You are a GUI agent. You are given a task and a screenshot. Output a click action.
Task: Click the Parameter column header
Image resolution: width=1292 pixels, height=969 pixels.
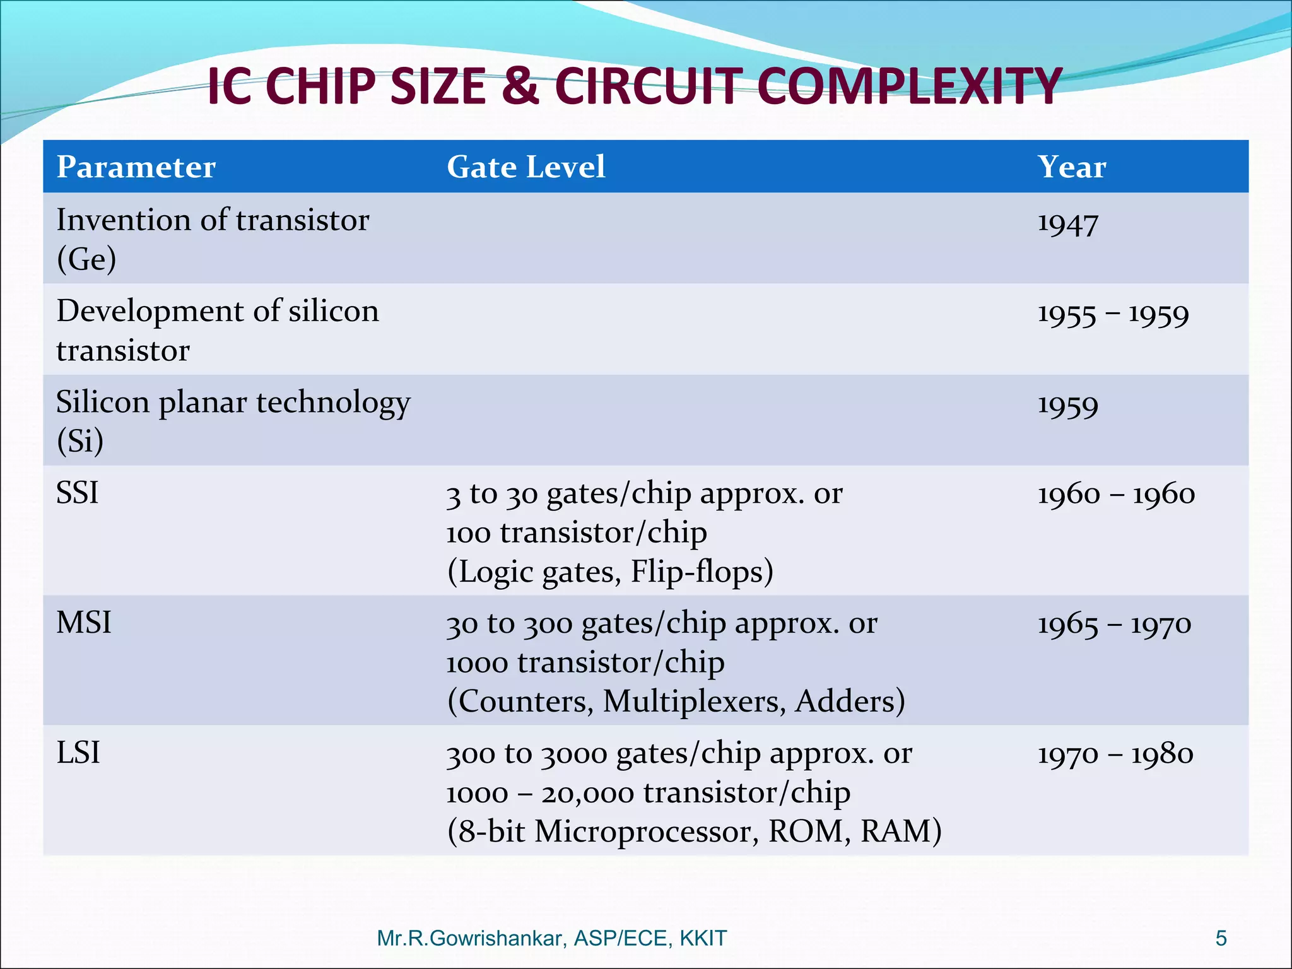pyautogui.click(x=136, y=167)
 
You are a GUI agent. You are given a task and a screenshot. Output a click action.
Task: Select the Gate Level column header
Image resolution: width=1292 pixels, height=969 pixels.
pyautogui.click(x=526, y=167)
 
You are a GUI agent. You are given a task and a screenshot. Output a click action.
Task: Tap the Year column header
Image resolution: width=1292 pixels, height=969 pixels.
pyautogui.click(x=1071, y=167)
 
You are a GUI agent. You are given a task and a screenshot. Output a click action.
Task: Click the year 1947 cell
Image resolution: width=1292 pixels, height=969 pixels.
pyautogui.click(x=1067, y=224)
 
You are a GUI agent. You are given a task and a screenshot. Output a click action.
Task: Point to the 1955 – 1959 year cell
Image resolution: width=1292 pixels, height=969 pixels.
pyautogui.click(x=1113, y=314)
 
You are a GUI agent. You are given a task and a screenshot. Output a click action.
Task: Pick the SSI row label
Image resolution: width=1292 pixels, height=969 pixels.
pyautogui.click(x=78, y=493)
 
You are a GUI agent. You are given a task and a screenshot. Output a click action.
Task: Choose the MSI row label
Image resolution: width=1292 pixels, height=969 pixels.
pyautogui.click(x=84, y=623)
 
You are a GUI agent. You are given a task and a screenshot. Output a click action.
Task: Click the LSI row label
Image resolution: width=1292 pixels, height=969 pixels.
pyautogui.click(x=78, y=753)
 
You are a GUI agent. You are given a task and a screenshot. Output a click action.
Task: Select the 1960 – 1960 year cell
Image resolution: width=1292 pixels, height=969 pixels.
pyautogui.click(x=1116, y=494)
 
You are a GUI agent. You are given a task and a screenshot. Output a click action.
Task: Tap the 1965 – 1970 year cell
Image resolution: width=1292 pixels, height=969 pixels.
pyautogui.click(x=1114, y=625)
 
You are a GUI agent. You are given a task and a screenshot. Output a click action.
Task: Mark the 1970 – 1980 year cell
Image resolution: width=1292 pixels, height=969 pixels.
pyautogui.click(x=1115, y=754)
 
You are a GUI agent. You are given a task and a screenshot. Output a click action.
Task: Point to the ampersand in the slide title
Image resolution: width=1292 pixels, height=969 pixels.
pyautogui.click(x=521, y=86)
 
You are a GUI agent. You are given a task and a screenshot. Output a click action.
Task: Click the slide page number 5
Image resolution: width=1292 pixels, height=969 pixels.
pyautogui.click(x=1221, y=938)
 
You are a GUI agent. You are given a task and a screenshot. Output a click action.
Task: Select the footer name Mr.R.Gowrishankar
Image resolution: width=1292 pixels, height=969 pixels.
pyautogui.click(x=470, y=938)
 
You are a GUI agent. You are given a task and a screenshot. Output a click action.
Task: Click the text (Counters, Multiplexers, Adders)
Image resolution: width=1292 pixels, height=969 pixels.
pyautogui.click(x=676, y=702)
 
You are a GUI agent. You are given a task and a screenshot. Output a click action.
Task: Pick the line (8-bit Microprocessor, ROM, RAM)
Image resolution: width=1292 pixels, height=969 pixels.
pyautogui.click(x=694, y=831)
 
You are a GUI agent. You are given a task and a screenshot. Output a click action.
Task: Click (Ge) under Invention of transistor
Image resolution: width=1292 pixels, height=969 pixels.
pyautogui.click(x=86, y=259)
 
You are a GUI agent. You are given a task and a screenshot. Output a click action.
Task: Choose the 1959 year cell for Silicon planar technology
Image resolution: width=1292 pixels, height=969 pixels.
pyautogui.click(x=1067, y=405)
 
